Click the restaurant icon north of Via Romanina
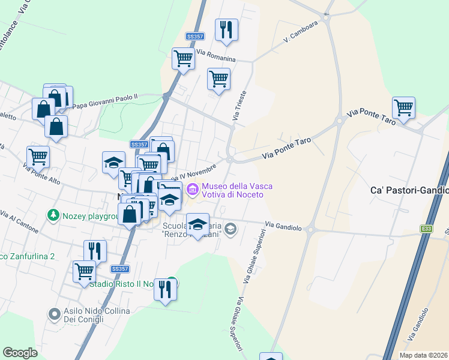pyautogui.click(x=226, y=29)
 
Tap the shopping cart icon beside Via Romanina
pyautogui.click(x=183, y=59)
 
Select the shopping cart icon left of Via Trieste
pyautogui.click(x=218, y=79)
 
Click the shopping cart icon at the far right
pyautogui.click(x=403, y=108)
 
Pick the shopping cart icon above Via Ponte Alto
pyautogui.click(x=38, y=157)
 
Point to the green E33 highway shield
pyautogui.click(x=426, y=229)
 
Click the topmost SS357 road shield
pyautogui.click(x=194, y=37)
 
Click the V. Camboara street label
pyautogui.click(x=301, y=28)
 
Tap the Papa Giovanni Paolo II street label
pyautogui.click(x=105, y=101)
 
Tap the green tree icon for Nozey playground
pyautogui.click(x=53, y=215)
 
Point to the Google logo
pyautogui.click(x=20, y=353)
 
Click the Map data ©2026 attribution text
pyautogui.click(x=424, y=355)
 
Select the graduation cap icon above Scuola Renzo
pyautogui.click(x=197, y=224)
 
